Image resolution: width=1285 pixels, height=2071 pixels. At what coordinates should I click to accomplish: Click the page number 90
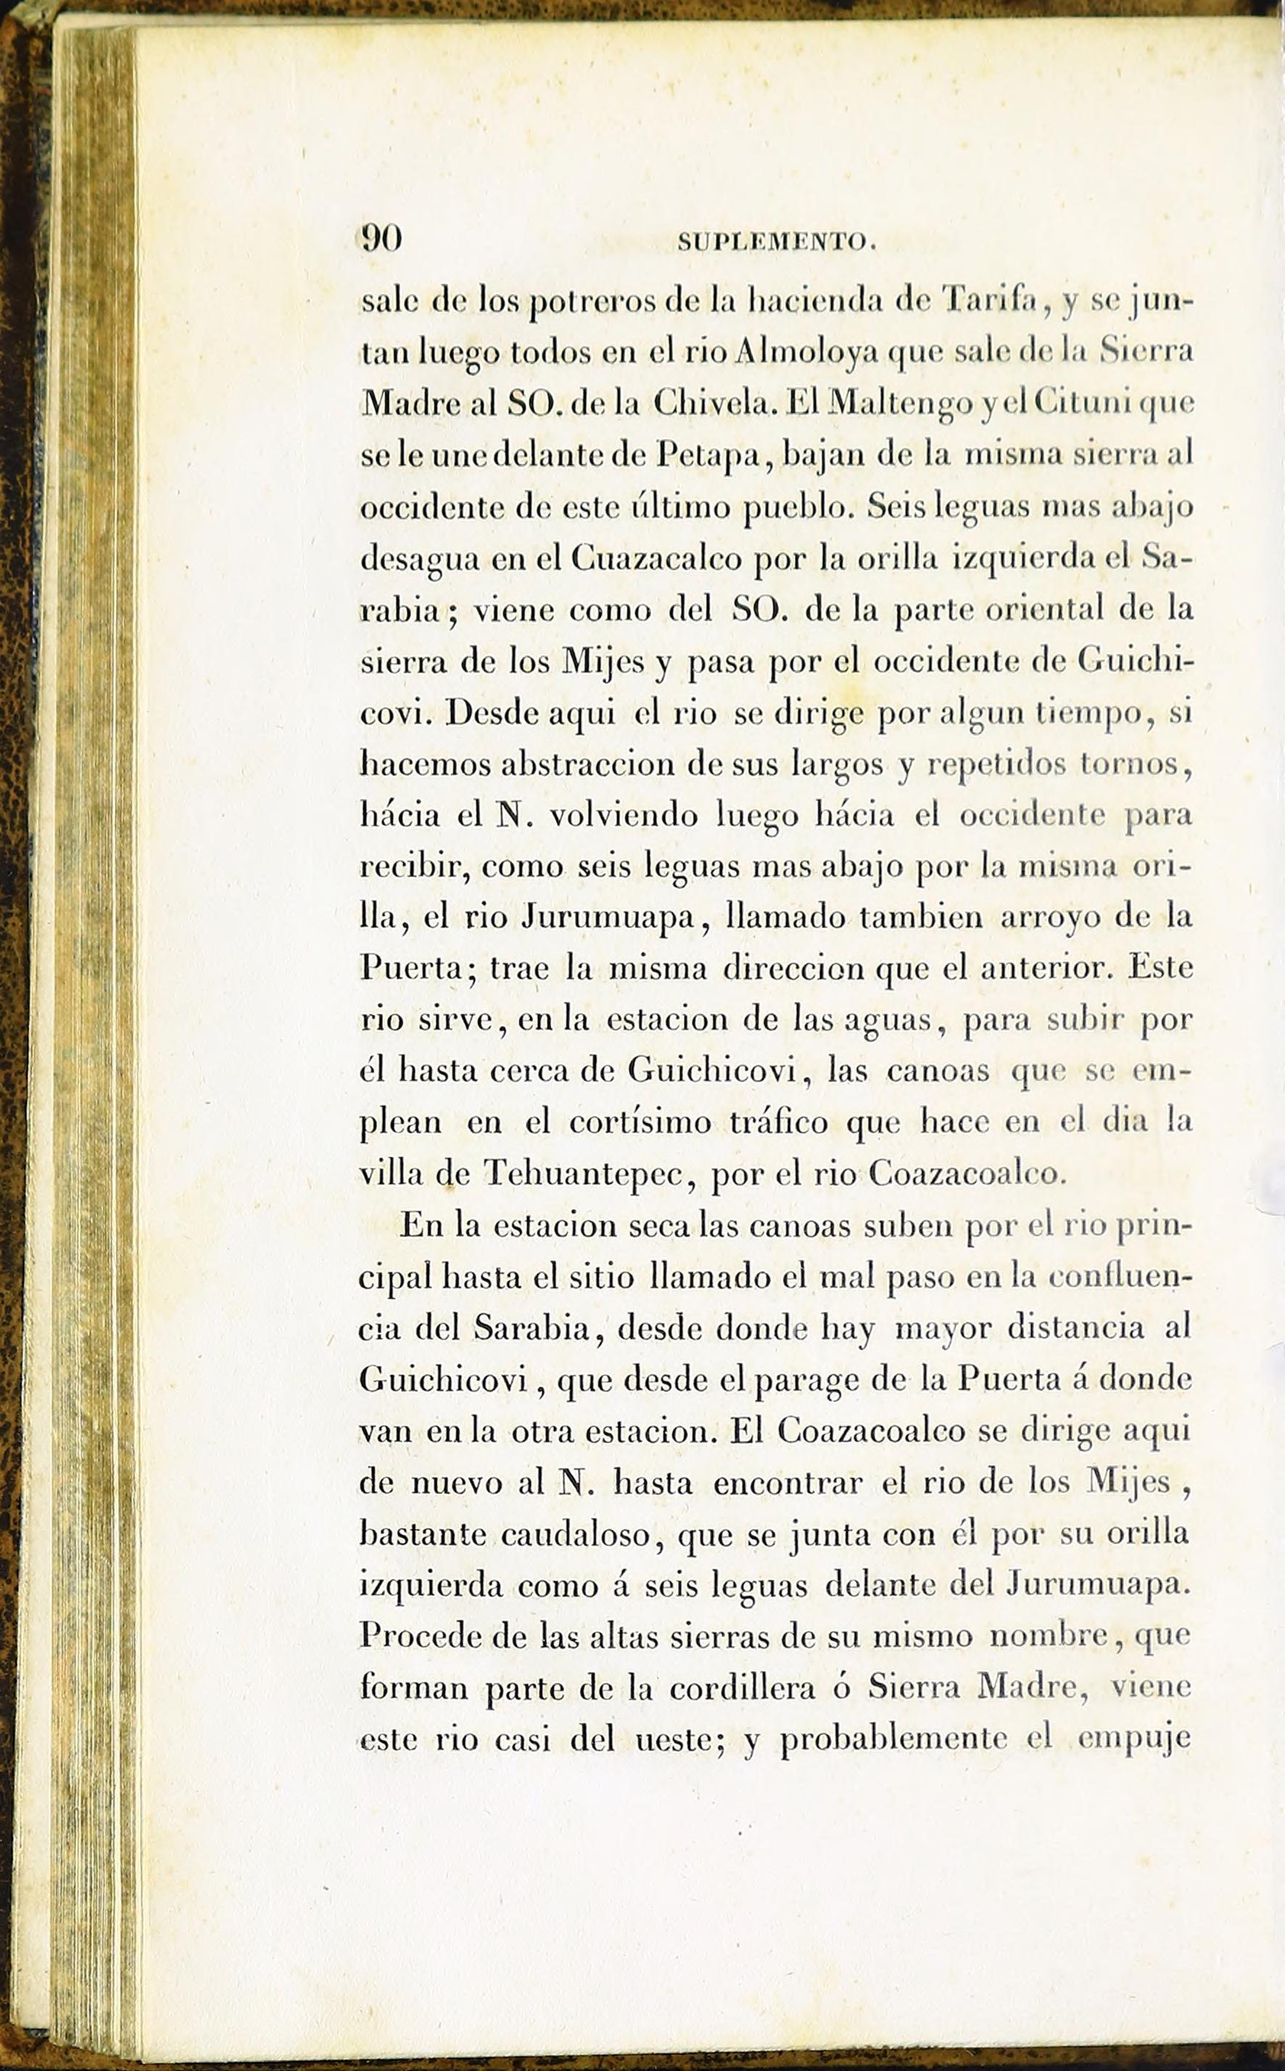point(381,239)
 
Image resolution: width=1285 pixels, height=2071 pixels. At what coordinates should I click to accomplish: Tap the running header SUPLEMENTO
point(776,243)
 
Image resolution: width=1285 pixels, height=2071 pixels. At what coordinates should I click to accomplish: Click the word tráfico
point(779,1123)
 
